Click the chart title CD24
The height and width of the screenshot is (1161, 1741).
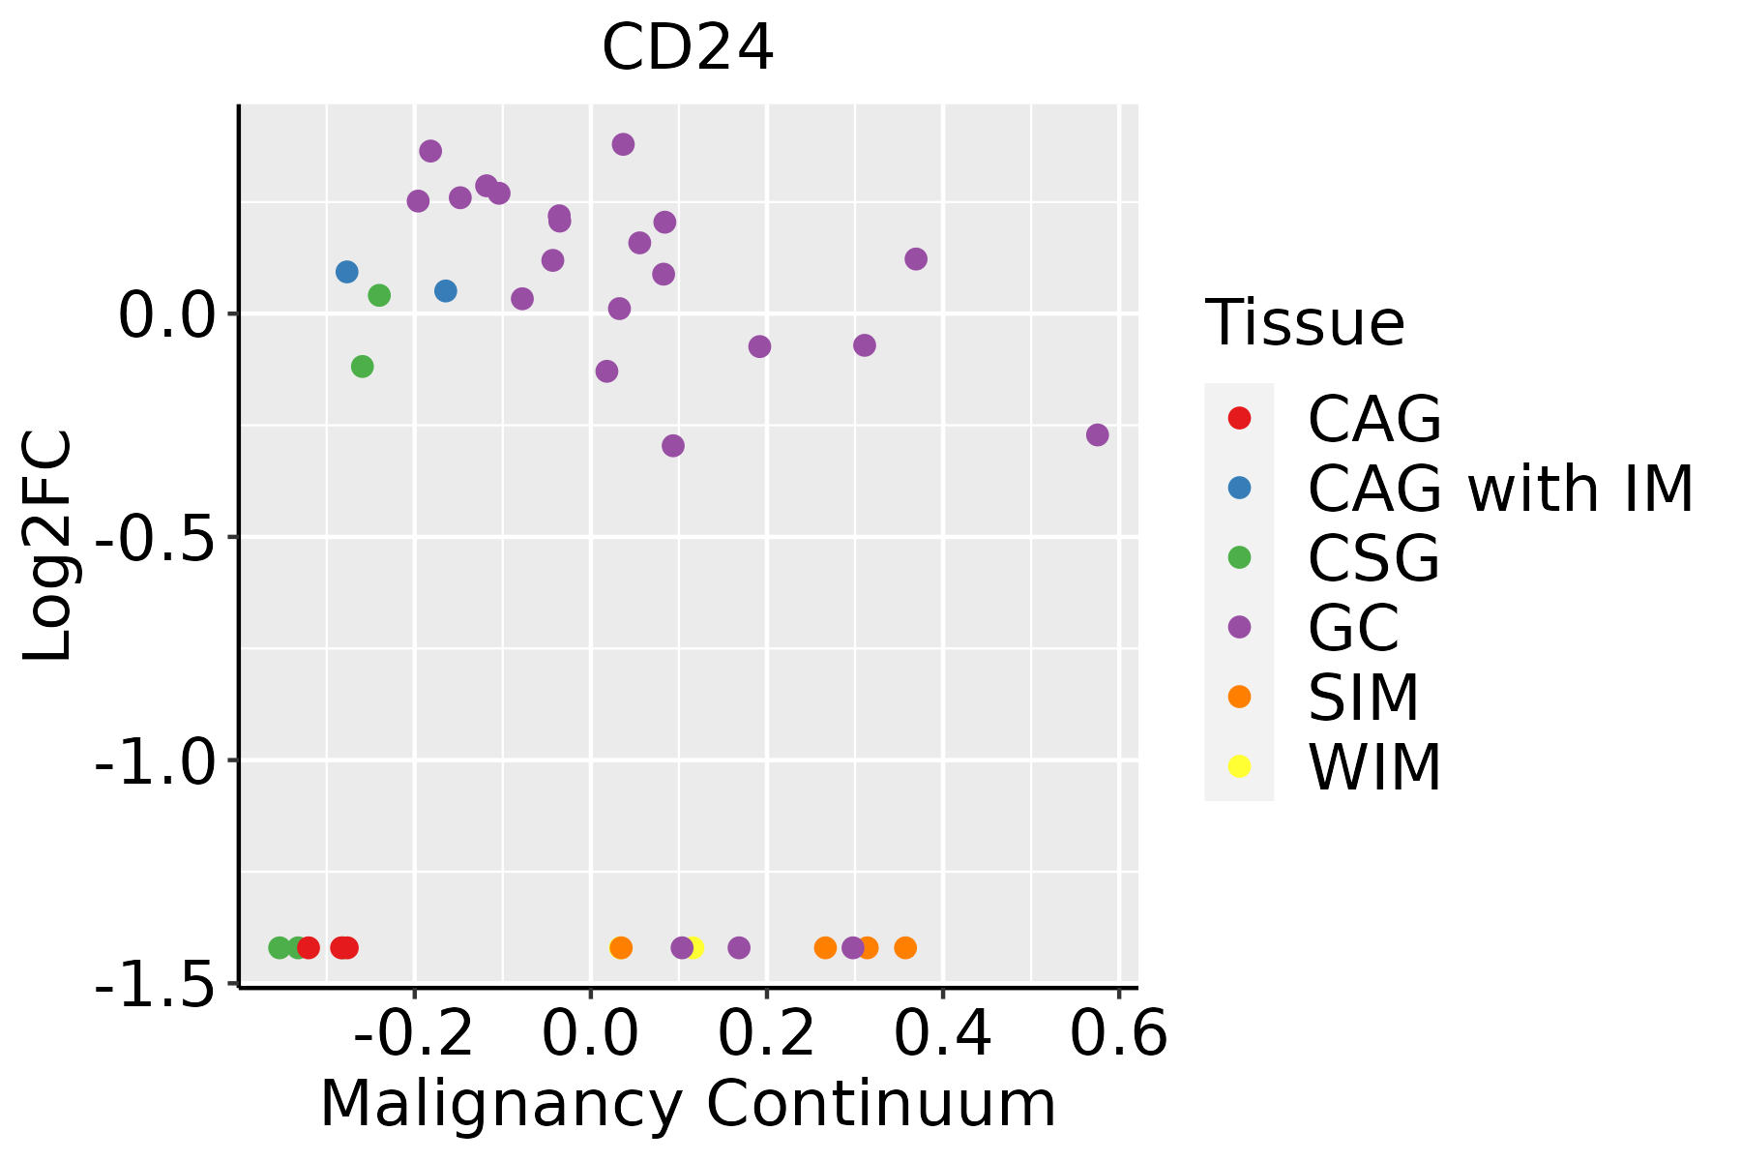click(688, 47)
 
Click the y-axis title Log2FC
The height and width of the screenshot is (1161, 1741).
click(48, 546)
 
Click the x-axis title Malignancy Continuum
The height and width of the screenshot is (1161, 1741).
click(688, 1104)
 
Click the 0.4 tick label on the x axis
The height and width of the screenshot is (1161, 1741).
click(942, 1034)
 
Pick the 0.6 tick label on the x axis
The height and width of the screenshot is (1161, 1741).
click(1118, 1034)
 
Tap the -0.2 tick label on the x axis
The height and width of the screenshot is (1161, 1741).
click(414, 1034)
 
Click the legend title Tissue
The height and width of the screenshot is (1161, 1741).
click(1305, 323)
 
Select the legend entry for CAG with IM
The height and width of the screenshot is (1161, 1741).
click(1500, 489)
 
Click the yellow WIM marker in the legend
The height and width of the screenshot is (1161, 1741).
click(1239, 766)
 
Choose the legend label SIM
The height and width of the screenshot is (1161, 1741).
click(1363, 697)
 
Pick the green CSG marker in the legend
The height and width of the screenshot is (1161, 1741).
click(1239, 557)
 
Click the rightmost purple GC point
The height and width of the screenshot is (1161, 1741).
click(1097, 435)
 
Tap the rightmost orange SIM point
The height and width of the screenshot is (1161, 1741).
click(905, 948)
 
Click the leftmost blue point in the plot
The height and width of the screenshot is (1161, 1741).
click(347, 272)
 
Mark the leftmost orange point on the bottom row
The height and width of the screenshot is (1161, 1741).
click(621, 948)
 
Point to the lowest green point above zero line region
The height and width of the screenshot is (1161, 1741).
click(363, 367)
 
